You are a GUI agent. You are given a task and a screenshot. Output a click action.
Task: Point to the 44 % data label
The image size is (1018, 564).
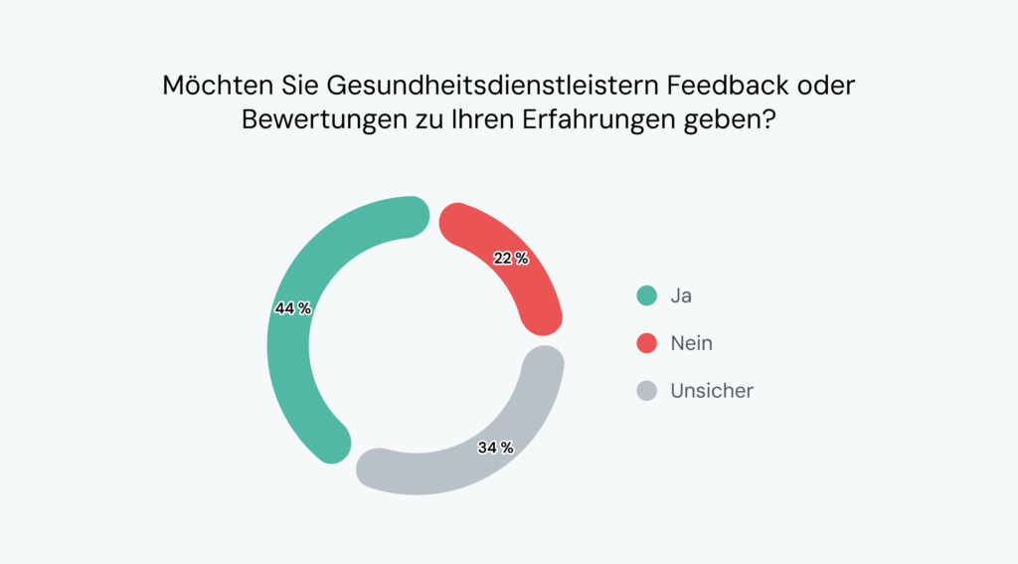pyautogui.click(x=293, y=308)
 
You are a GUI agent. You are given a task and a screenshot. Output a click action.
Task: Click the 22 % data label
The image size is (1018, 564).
pyautogui.click(x=511, y=259)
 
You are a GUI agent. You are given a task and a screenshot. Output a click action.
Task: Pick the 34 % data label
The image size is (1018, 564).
pyautogui.click(x=495, y=448)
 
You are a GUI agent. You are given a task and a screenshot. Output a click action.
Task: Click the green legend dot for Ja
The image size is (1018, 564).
pyautogui.click(x=647, y=295)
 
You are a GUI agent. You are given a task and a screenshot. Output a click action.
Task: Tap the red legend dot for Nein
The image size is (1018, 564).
pyautogui.click(x=647, y=343)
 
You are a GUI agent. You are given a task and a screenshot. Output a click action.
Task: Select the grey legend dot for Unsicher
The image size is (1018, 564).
pyautogui.click(x=647, y=391)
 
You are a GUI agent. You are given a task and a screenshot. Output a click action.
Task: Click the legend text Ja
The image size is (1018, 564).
pyautogui.click(x=681, y=295)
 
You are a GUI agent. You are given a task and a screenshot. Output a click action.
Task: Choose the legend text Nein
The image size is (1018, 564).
pyautogui.click(x=691, y=343)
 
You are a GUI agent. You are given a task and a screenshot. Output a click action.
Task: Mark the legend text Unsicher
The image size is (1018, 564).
pyautogui.click(x=712, y=391)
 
